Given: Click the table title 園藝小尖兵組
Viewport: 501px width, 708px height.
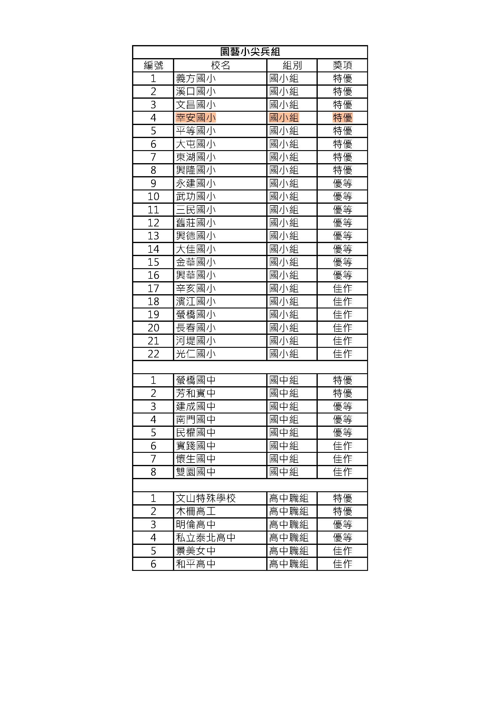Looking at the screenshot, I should [250, 52].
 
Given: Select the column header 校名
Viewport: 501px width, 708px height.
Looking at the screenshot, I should [220, 65].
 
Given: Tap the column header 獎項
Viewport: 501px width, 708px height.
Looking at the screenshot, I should [343, 65].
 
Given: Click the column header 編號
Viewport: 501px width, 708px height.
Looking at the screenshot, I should [153, 65].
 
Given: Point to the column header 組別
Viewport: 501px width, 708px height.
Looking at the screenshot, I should [292, 65].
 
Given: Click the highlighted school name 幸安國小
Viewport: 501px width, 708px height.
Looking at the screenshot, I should [196, 118].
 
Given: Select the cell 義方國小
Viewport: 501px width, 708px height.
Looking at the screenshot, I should [196, 78].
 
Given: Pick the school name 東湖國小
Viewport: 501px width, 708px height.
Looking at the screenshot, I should [196, 157].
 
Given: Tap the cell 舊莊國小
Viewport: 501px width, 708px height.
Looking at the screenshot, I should [196, 223].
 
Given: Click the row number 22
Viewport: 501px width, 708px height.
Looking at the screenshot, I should [153, 354].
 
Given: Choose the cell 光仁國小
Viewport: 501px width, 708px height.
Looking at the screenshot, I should [196, 354].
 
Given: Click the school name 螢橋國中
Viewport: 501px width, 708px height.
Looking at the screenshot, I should [196, 380].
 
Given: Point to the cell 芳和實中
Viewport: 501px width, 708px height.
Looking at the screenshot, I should [196, 393].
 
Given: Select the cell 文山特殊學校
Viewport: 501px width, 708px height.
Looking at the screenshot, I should [205, 498].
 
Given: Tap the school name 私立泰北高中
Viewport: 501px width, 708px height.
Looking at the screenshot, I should [205, 538].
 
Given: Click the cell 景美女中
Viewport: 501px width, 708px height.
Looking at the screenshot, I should [196, 551].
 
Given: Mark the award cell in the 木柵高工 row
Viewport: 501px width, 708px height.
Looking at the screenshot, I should [343, 511].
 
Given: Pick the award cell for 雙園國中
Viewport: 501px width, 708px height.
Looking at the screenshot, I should [343, 472].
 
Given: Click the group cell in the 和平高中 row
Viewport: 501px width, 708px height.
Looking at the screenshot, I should [289, 564].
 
